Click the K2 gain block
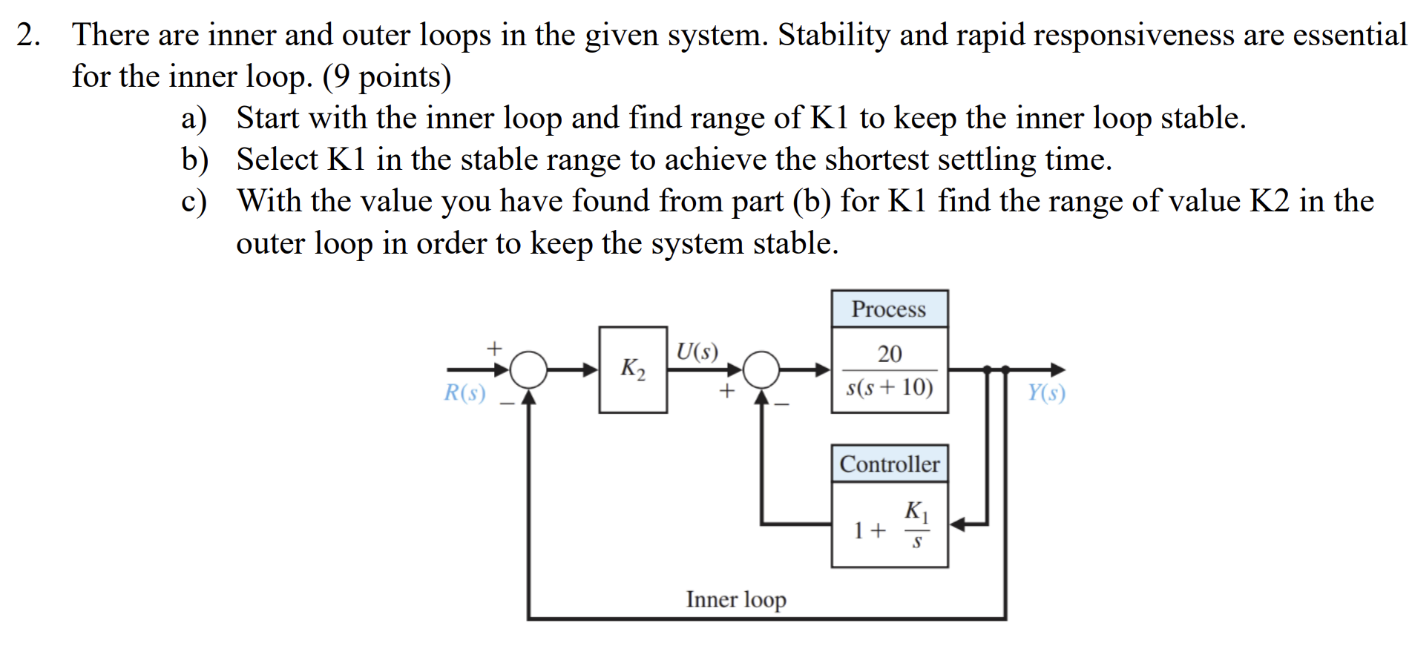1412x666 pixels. pyautogui.click(x=633, y=369)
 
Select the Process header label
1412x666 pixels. pyautogui.click(x=888, y=309)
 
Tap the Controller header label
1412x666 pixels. pyautogui.click(x=889, y=464)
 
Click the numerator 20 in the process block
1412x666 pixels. pyautogui.click(x=890, y=353)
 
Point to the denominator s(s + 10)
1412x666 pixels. pyautogui.click(x=890, y=387)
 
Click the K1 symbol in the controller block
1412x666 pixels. pyautogui.click(x=916, y=510)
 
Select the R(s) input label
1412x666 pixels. pyautogui.click(x=464, y=392)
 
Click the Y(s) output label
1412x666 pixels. pyautogui.click(x=1046, y=392)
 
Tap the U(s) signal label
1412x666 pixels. pyautogui.click(x=697, y=351)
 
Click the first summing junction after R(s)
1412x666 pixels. pyautogui.click(x=528, y=369)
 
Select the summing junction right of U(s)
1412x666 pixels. pyautogui.click(x=761, y=369)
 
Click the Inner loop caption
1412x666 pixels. pyautogui.click(x=735, y=599)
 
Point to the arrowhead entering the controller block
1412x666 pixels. pyautogui.click(x=957, y=524)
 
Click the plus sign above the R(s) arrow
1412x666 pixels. pyautogui.click(x=494, y=347)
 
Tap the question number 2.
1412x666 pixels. pyautogui.click(x=27, y=35)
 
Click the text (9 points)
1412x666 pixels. pyautogui.click(x=387, y=76)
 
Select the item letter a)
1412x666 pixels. pyautogui.click(x=194, y=119)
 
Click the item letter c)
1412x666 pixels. pyautogui.click(x=193, y=202)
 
